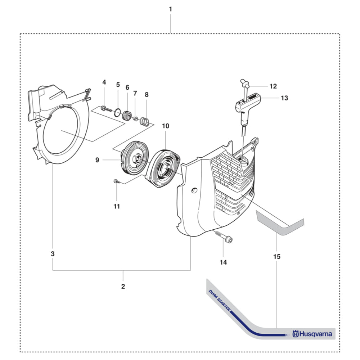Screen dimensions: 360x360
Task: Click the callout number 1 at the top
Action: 170,9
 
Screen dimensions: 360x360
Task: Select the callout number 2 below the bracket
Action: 123,287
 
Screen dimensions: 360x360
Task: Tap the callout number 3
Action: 53,254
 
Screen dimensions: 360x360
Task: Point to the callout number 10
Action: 166,126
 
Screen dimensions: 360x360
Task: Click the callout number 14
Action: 224,262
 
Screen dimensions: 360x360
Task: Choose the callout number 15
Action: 277,257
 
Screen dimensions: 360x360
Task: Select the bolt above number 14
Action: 224,237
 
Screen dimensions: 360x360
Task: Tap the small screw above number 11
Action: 116,182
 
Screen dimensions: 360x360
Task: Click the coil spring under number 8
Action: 144,121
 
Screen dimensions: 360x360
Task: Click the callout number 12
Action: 273,86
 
